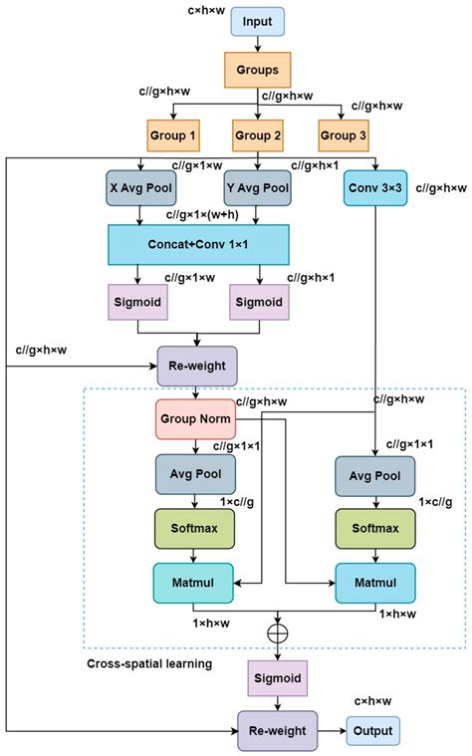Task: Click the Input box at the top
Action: [259, 21]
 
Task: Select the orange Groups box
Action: [259, 70]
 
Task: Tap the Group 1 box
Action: [172, 134]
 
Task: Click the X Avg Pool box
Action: [140, 187]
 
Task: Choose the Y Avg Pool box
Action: [259, 187]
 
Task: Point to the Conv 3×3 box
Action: [375, 187]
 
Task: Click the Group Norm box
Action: [195, 419]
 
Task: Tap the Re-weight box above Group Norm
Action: [197, 366]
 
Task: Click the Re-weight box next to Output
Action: [277, 730]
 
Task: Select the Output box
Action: [372, 730]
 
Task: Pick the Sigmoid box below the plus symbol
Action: [276, 678]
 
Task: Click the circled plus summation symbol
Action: [276, 632]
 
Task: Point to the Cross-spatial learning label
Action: [148, 662]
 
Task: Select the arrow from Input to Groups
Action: [259, 44]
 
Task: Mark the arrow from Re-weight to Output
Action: [332, 730]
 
